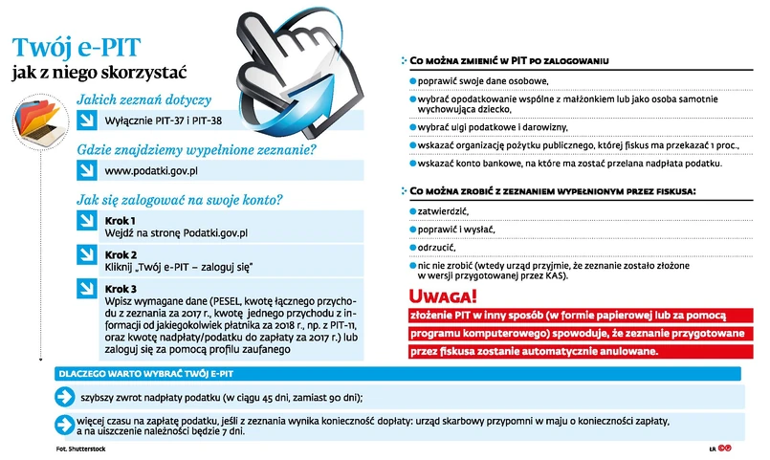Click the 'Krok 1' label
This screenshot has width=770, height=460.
[x=121, y=220]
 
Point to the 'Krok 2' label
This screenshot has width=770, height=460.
[x=121, y=254]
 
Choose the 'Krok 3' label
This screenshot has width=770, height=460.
[x=121, y=289]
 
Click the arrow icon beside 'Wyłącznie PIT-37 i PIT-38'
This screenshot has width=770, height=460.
[x=87, y=120]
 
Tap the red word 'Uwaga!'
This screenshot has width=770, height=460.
[x=442, y=296]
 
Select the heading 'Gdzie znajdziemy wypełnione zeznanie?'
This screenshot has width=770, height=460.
[x=196, y=150]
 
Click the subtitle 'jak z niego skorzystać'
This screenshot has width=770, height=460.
[x=99, y=73]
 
